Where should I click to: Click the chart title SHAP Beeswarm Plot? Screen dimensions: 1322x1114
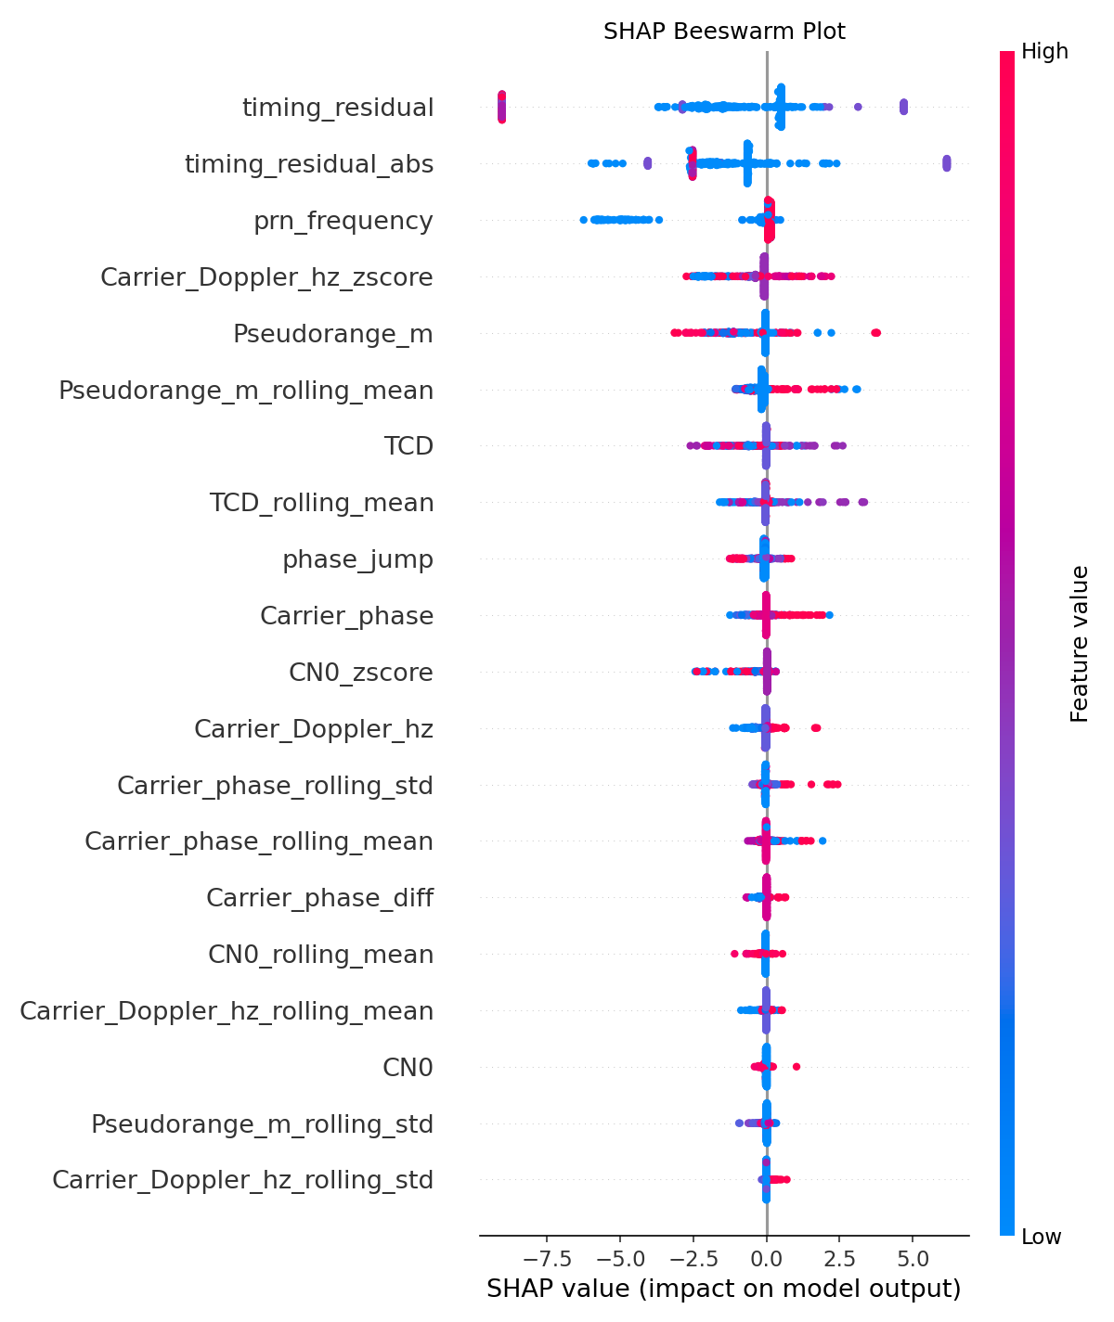[x=724, y=32]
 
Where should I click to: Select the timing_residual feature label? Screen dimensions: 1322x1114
[x=338, y=109]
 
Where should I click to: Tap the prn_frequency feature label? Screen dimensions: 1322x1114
[x=343, y=222]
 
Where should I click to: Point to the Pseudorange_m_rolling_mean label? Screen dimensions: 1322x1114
[x=246, y=391]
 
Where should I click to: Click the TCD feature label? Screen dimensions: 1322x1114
[x=408, y=447]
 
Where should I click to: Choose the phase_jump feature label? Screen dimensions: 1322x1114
[x=357, y=560]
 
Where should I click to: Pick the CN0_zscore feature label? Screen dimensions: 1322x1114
[x=361, y=673]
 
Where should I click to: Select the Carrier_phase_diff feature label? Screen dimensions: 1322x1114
[x=319, y=899]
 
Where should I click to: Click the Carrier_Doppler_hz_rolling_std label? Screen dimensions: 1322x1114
[x=242, y=1181]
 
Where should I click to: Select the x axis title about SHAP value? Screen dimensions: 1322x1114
[x=723, y=1290]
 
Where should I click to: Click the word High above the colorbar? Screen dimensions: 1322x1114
[x=1044, y=52]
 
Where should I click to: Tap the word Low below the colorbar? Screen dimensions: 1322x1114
[x=1042, y=1237]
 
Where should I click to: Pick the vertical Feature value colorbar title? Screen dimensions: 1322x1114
[x=1079, y=643]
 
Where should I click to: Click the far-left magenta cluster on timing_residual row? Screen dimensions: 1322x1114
[x=502, y=107]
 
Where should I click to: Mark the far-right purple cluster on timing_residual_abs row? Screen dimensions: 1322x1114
[x=946, y=163]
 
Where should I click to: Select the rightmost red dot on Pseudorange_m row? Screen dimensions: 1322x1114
[x=876, y=333]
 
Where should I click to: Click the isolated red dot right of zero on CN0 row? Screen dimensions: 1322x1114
[x=797, y=1067]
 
